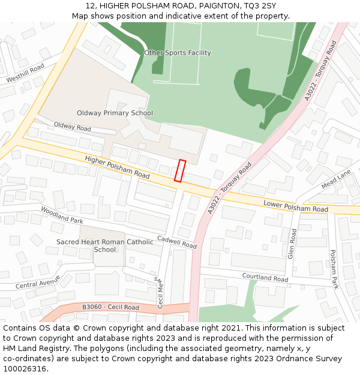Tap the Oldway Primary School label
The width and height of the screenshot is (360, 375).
click(x=115, y=113)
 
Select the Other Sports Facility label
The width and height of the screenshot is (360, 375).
click(x=178, y=53)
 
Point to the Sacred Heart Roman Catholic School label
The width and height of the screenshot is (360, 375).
click(x=105, y=245)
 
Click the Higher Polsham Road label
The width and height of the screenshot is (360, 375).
click(x=117, y=167)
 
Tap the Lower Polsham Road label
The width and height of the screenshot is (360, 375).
click(x=296, y=206)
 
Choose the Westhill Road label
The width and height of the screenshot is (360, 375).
click(x=25, y=74)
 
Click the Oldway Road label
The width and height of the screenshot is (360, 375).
click(x=72, y=127)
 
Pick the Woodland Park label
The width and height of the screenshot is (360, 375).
click(x=61, y=215)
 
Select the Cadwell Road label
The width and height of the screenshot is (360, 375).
click(x=177, y=242)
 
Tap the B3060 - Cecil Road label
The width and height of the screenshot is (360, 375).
click(x=110, y=307)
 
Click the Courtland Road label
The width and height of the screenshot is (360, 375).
click(x=265, y=277)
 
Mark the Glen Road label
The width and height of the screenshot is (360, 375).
click(x=292, y=244)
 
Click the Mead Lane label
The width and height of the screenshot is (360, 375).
click(x=336, y=179)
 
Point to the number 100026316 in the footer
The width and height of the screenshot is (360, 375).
click(x=24, y=368)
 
